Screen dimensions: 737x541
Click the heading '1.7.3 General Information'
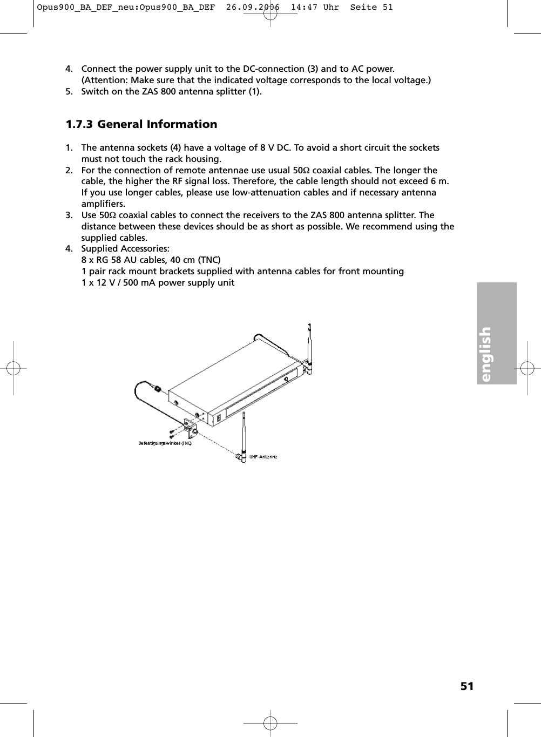[141, 124]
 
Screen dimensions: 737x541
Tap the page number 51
[467, 686]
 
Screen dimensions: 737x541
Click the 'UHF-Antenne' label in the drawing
[263, 457]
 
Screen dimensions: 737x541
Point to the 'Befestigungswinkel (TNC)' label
[165, 443]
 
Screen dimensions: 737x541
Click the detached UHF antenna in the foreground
[244, 432]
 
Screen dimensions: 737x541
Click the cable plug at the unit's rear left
[157, 388]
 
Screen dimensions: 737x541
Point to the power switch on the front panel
[219, 418]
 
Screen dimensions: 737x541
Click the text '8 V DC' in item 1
[275, 148]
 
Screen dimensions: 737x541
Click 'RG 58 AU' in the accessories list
[110, 260]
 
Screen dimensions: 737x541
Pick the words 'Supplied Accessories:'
[125, 249]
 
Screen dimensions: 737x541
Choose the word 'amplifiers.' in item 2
[103, 204]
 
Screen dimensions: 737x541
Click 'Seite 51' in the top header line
[371, 7]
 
